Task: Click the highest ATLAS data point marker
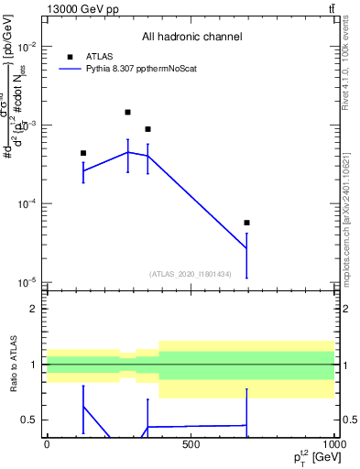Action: coord(127,112)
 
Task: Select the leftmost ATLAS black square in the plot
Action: coord(83,153)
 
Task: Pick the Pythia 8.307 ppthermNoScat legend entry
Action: coord(137,69)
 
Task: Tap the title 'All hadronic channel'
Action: coord(191,37)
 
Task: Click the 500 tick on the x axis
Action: coord(191,445)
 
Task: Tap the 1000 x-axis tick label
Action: coord(330,445)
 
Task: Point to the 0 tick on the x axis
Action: coord(47,445)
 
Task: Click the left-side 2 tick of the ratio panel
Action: coord(35,309)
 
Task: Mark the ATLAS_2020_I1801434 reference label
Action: coord(191,274)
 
